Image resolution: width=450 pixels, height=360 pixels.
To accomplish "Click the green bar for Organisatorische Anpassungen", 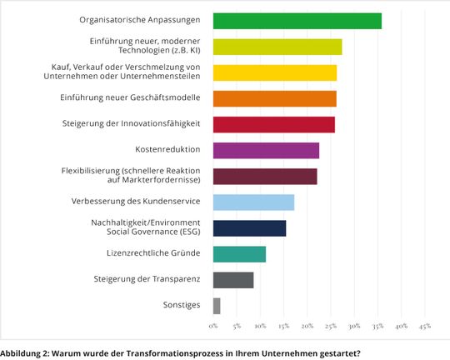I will click(x=297, y=21).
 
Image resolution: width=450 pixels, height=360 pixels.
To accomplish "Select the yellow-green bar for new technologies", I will click(x=277, y=47).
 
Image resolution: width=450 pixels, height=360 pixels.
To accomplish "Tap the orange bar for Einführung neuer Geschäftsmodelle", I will click(x=275, y=98).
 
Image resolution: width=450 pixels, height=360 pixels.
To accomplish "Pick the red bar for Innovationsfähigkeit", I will click(x=274, y=124).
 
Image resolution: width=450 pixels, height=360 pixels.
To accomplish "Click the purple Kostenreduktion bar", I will click(x=266, y=150).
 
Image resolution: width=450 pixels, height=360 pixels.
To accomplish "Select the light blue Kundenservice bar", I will click(x=253, y=202).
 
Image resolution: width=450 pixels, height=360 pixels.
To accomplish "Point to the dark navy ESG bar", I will click(x=249, y=227).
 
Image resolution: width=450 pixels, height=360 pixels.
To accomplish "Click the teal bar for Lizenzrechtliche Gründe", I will click(x=239, y=254).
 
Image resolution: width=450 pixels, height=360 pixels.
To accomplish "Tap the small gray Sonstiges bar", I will click(x=217, y=306).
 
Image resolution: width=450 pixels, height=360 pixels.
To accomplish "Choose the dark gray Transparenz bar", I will click(x=233, y=280).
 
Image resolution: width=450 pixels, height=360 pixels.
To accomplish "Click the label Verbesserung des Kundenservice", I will click(x=136, y=202).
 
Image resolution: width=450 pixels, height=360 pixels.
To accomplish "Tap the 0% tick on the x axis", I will click(x=213, y=325).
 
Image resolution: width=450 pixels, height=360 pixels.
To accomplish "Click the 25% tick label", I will click(x=331, y=325).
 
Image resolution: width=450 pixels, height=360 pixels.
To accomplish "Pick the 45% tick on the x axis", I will click(x=425, y=325).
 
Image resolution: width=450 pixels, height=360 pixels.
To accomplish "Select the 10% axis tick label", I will click(x=260, y=325).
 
